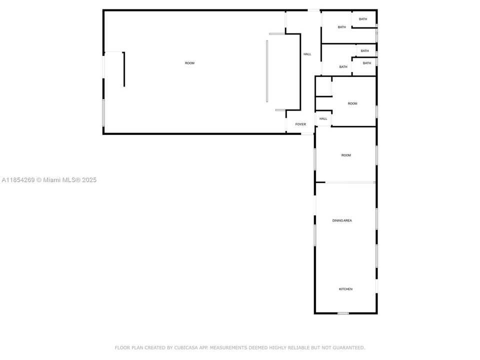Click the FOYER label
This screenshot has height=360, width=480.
point(300,124)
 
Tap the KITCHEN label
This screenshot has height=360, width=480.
point(345,289)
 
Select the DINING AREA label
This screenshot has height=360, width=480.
point(342,220)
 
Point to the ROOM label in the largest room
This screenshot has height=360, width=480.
point(189,63)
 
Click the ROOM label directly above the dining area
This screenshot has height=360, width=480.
point(346,155)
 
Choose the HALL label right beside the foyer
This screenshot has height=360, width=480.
point(323,119)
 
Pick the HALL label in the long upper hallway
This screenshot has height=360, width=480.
point(307,54)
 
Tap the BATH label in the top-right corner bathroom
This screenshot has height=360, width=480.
point(363,19)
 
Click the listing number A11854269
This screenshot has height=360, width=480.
point(18,180)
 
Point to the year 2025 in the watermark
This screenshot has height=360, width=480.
point(89,180)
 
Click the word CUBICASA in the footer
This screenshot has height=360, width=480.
point(186,348)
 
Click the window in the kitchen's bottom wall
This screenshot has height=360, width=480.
point(343,313)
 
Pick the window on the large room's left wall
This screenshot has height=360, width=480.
point(103,112)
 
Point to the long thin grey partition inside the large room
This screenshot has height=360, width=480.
point(267,71)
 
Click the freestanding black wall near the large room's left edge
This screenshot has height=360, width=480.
point(124,69)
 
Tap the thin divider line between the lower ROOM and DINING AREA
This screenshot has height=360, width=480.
point(350,183)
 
